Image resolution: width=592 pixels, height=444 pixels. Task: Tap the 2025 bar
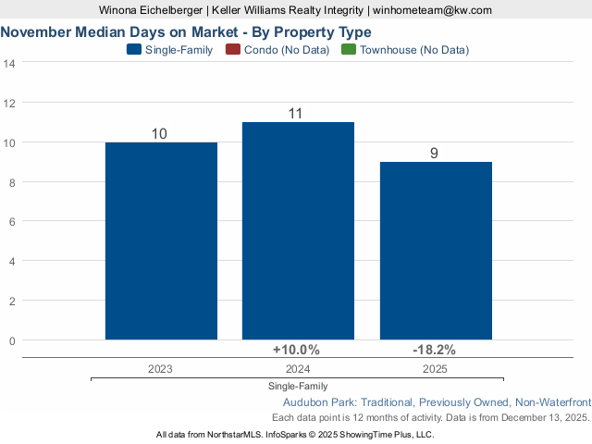[436, 251]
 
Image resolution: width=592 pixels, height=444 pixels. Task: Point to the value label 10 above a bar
[159, 134]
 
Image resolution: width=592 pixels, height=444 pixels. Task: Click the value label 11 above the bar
[297, 114]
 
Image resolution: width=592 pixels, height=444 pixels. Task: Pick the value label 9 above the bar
[434, 154]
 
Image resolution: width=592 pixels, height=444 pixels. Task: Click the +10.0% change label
[296, 350]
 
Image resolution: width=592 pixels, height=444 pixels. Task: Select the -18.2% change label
[434, 350]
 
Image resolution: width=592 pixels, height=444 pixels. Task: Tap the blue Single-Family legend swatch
[134, 50]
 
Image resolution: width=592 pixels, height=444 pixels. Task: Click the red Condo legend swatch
[233, 50]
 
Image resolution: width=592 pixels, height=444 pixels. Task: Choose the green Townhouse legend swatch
[348, 50]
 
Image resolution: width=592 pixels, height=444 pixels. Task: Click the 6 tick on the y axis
[13, 222]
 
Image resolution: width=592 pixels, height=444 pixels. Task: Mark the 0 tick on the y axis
[13, 340]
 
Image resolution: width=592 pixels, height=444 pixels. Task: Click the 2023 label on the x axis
[160, 368]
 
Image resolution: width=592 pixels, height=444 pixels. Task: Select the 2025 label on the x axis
[435, 368]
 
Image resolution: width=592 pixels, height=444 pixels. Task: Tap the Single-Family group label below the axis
[298, 386]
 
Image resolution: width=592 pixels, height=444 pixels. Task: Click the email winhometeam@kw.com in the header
[432, 9]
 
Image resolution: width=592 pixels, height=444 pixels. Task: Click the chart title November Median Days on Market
[186, 31]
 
